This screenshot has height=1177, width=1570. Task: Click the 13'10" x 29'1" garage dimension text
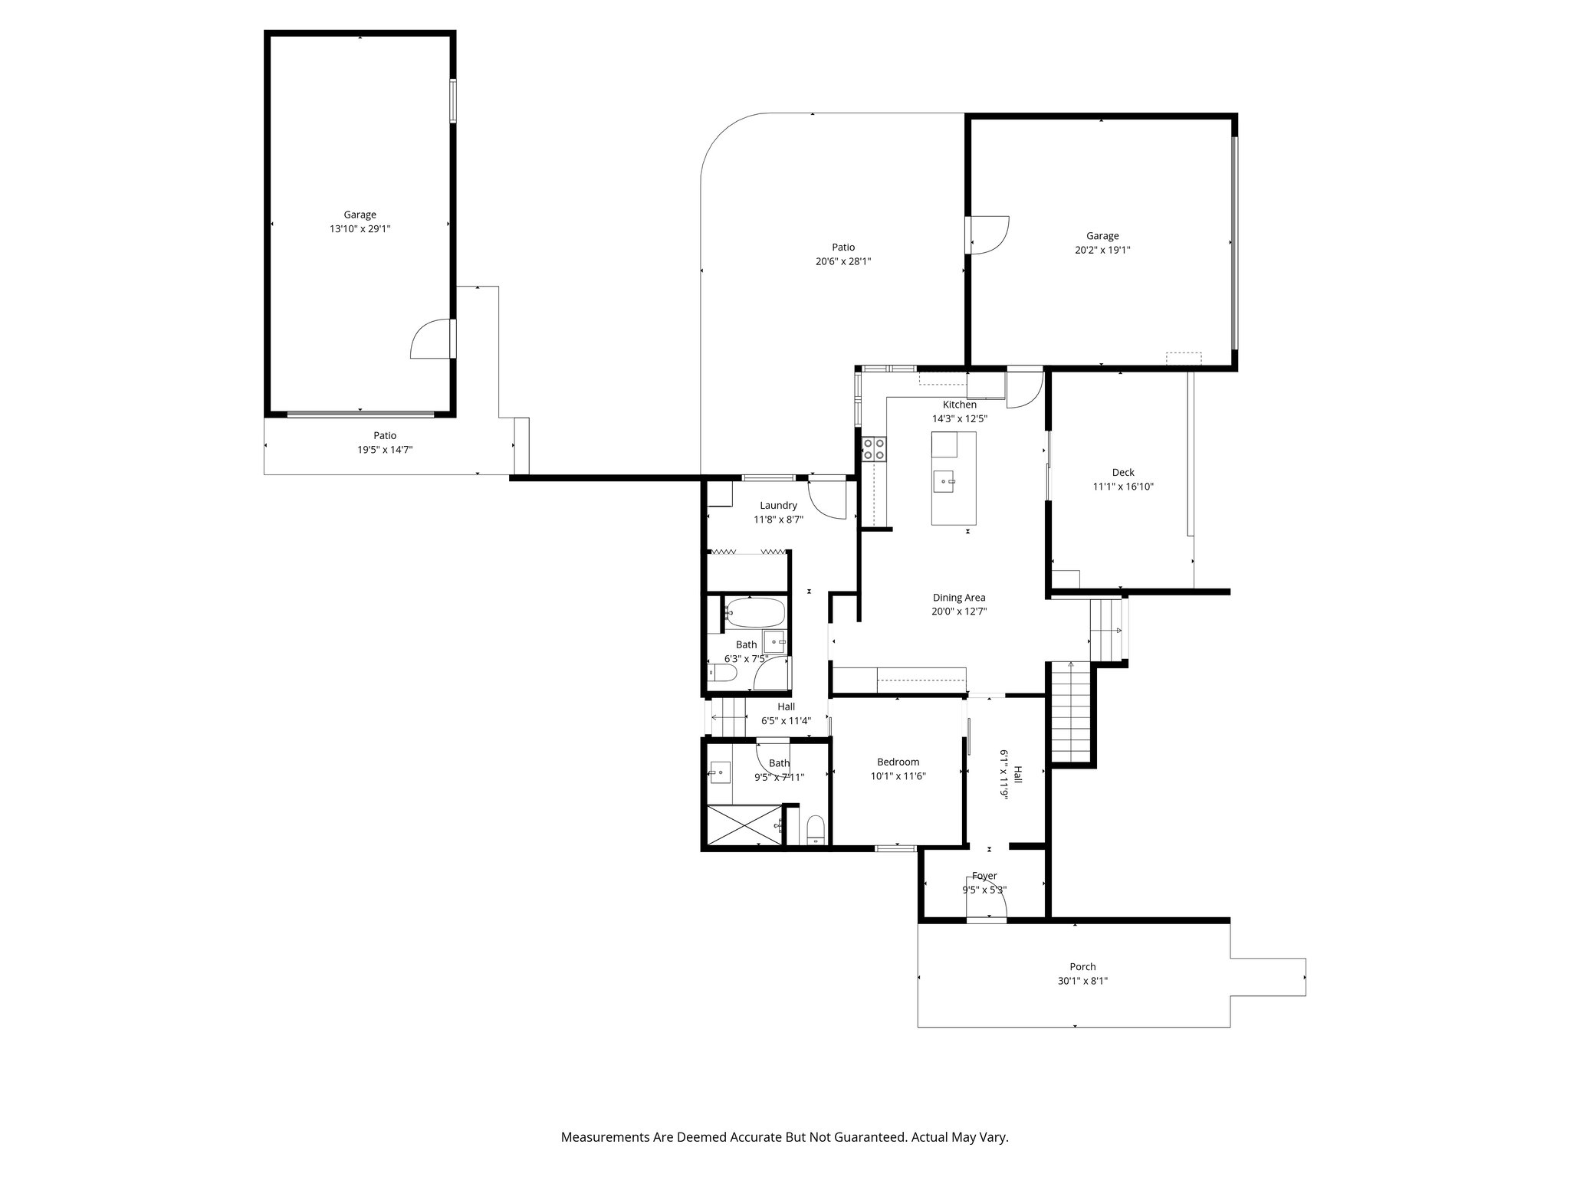tap(360, 228)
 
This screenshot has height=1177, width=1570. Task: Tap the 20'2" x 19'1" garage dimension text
tap(1102, 250)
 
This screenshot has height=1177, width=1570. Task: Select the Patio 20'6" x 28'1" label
tap(843, 254)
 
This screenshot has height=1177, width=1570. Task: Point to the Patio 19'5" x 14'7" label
tap(385, 443)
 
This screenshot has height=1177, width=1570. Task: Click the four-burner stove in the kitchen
tap(874, 449)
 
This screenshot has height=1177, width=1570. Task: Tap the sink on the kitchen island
tap(944, 482)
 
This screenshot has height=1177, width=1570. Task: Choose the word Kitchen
tap(960, 405)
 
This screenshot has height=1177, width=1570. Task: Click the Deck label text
tap(1123, 472)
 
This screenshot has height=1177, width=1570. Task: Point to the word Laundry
tap(778, 506)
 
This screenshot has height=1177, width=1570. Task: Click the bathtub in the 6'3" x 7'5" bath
tap(755, 613)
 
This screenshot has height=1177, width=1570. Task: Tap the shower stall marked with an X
tap(744, 825)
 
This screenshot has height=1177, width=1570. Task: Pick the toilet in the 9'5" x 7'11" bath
tap(816, 830)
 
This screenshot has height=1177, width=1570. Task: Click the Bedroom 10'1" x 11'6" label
tap(898, 769)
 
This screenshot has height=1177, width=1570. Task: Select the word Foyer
tap(984, 876)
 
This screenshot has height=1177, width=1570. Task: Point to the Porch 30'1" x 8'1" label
tap(1083, 974)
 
